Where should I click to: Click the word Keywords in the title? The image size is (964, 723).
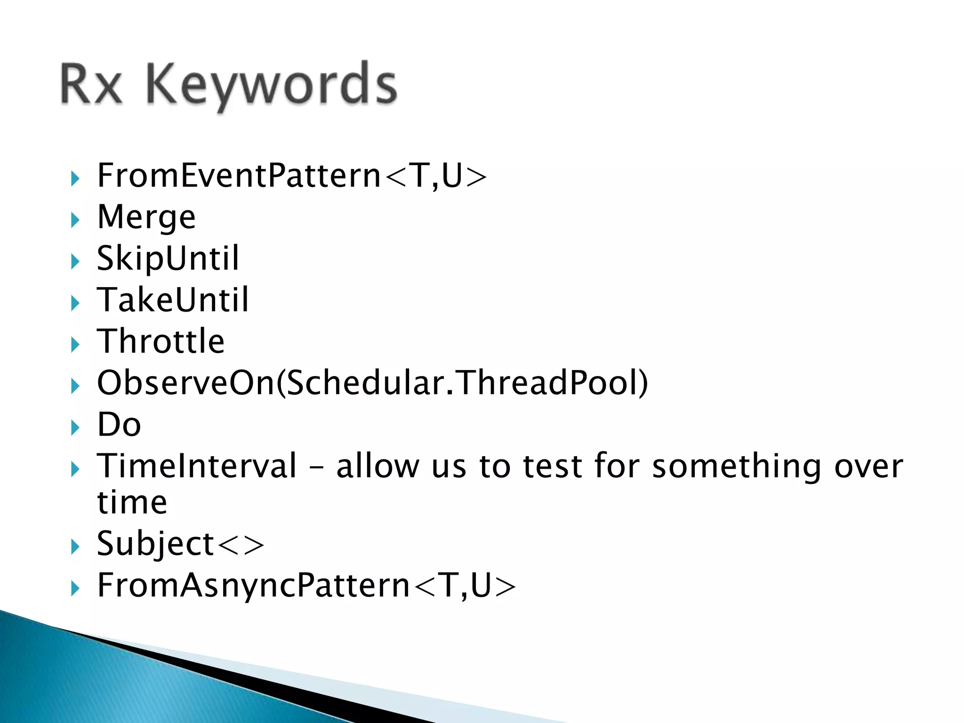point(272,85)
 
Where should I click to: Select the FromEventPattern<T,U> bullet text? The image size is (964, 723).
point(292,176)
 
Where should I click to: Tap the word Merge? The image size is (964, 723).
point(146,217)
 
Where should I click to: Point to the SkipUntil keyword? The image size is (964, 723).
point(168,258)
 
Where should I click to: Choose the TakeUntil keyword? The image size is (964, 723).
point(172,300)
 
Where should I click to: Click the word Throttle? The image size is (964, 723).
point(161,341)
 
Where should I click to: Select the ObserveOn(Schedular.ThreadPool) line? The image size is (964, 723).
point(372,383)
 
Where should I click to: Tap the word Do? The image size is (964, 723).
point(119,425)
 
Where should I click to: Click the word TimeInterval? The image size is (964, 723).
point(197,466)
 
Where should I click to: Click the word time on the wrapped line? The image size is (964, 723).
point(132,502)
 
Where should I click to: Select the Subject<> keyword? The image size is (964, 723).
point(180,544)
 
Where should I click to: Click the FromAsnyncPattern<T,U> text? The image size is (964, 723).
point(306,586)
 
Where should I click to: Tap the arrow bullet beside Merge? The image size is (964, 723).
point(75,220)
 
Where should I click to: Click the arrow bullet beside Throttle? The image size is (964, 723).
point(75,345)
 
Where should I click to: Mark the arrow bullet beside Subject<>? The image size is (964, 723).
point(75,547)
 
